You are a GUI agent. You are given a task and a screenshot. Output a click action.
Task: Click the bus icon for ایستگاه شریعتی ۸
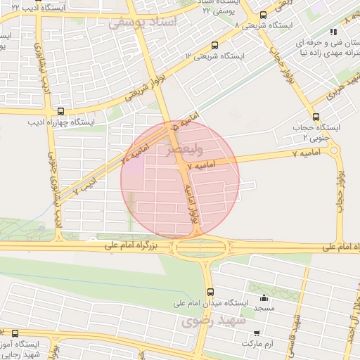(x=263, y=15)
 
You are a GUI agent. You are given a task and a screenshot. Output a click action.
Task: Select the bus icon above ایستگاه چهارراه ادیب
(x=60, y=111)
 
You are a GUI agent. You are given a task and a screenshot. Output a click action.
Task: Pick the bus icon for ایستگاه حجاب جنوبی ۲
(x=314, y=117)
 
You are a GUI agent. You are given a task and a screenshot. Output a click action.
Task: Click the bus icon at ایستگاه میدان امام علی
(x=210, y=292)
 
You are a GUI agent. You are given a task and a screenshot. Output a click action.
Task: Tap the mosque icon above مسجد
(x=264, y=297)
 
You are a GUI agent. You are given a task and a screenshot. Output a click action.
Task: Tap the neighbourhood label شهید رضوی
(x=212, y=321)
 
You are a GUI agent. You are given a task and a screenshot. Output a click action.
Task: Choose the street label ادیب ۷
(x=85, y=186)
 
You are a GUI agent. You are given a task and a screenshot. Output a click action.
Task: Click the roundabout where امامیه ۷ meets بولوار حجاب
(x=333, y=150)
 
